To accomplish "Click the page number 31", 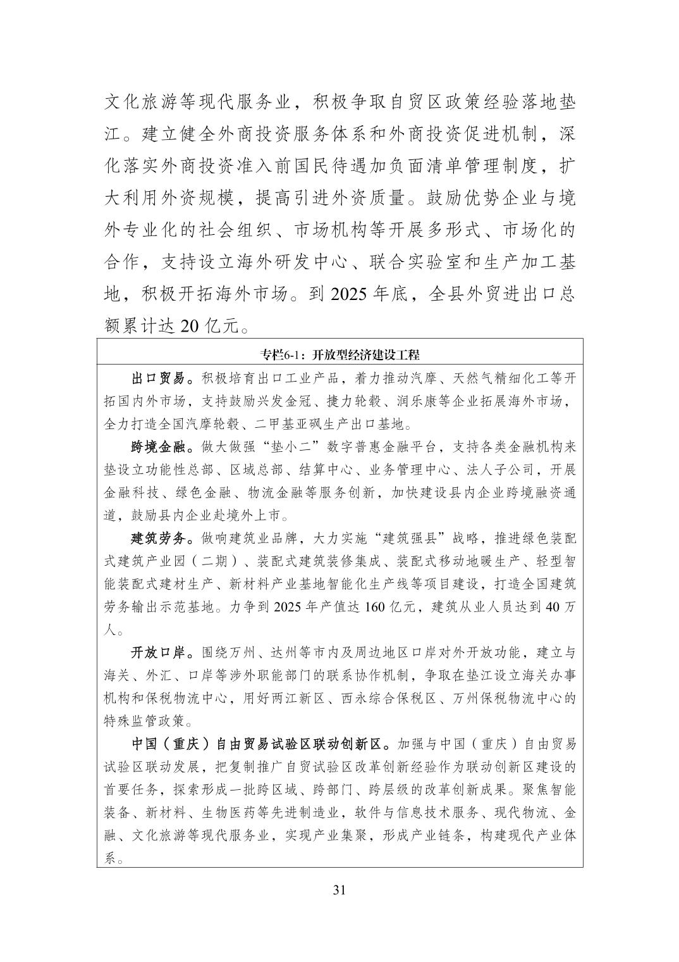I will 339,890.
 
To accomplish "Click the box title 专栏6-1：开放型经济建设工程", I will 339,354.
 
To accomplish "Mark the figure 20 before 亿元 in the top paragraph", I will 190,327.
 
